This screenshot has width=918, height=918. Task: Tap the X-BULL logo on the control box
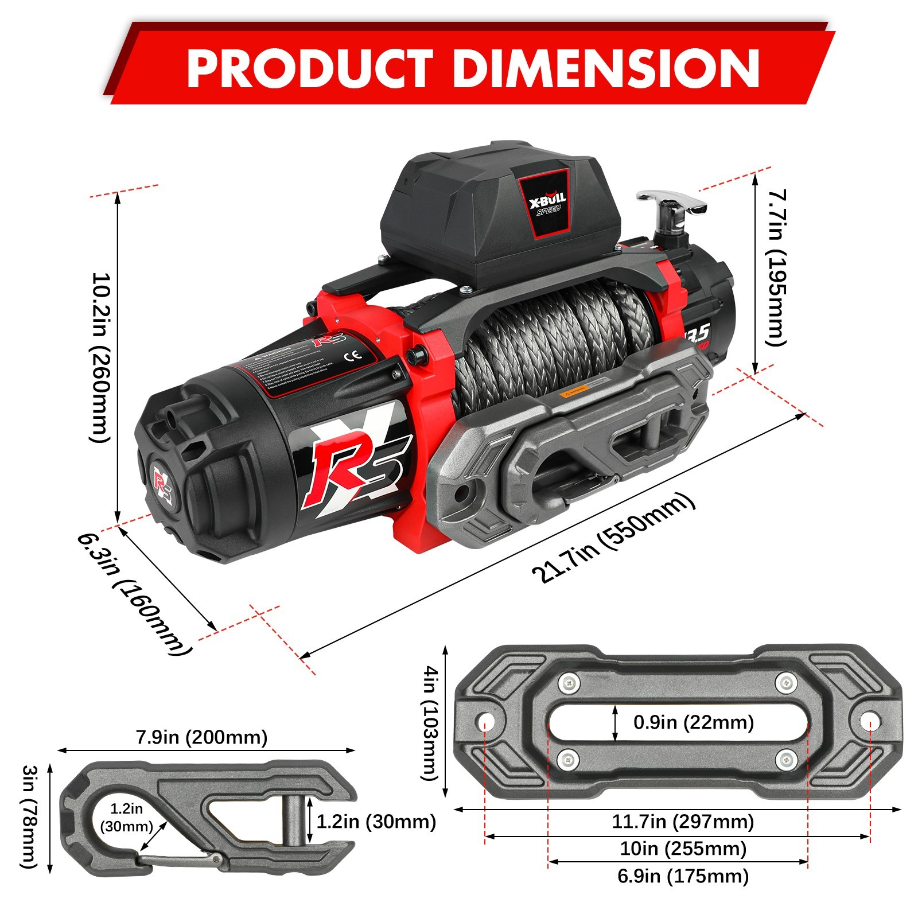pos(547,202)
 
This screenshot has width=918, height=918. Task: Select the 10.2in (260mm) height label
pos(100,357)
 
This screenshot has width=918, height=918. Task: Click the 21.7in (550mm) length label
pos(613,538)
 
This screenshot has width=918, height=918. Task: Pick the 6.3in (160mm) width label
pos(135,594)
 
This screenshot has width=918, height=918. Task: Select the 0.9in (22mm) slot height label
pos(693,722)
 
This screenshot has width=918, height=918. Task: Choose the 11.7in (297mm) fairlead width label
pos(682,821)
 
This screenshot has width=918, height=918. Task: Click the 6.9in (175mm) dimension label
pos(682,876)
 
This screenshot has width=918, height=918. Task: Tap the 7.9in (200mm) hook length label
pos(201,737)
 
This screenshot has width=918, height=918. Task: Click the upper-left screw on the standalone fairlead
pos(569,683)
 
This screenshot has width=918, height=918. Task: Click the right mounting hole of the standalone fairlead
pos(869,720)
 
